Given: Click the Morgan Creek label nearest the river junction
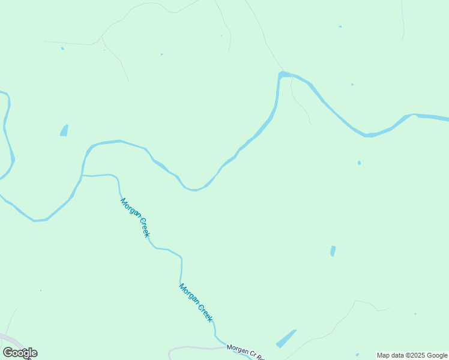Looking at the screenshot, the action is click(x=135, y=217).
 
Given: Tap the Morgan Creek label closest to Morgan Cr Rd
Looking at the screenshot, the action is click(x=196, y=302).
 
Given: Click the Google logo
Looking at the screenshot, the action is click(x=20, y=353).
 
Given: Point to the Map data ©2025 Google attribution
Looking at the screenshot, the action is click(x=412, y=355).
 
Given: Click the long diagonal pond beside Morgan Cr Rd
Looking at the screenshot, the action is click(x=286, y=338).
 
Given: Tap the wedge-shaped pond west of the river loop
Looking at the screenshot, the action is click(x=64, y=130).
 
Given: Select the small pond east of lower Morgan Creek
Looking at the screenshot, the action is click(x=333, y=251).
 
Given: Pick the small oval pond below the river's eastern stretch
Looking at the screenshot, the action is click(x=359, y=163).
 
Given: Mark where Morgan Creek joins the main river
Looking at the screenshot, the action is click(x=82, y=175).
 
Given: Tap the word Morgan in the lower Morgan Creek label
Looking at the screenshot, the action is click(x=188, y=293).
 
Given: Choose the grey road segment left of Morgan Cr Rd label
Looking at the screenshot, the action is click(x=192, y=348).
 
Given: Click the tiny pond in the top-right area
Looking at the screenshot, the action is click(x=340, y=26).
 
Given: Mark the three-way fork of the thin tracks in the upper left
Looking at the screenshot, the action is click(x=102, y=37).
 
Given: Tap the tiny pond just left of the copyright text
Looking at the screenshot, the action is click(x=357, y=355).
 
